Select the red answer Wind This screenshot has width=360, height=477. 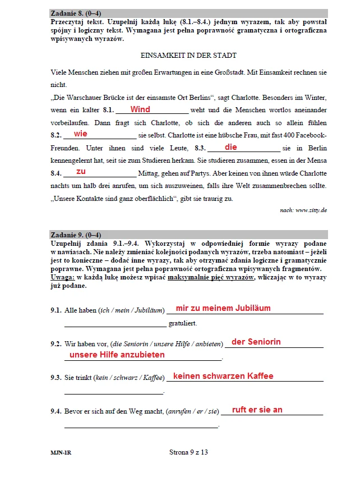140,109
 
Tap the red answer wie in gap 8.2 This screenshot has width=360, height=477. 81,134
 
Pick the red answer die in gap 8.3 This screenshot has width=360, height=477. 231,147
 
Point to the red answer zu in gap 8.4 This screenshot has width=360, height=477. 81,171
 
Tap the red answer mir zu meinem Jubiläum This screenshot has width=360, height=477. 223,308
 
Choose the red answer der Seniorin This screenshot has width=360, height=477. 256,342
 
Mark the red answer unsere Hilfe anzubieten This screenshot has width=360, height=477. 117,355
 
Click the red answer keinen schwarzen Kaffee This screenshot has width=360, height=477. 223,376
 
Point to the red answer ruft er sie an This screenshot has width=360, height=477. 257,410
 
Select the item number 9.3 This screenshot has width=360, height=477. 56,378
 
